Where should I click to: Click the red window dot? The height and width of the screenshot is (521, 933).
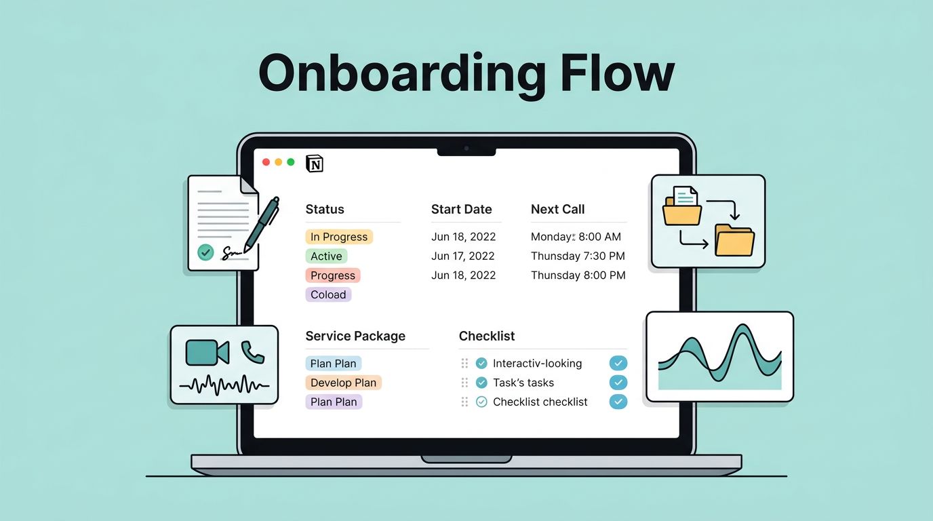coord(266,162)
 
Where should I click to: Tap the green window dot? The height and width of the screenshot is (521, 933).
coord(291,162)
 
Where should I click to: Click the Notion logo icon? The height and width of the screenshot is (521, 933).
coord(315,163)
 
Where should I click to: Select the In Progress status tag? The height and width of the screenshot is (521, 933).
coord(339,237)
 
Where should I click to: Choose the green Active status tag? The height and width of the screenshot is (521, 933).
coord(326,256)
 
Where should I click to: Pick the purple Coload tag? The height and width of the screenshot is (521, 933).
coord(328,294)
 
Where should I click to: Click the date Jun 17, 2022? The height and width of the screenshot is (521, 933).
coord(463,256)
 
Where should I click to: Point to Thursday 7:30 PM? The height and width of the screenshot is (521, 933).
coord(578,256)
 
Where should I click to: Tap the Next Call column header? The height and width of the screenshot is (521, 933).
coord(557,209)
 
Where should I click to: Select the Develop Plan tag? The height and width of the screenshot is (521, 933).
coord(343,383)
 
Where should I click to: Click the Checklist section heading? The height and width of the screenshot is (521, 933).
coord(486,336)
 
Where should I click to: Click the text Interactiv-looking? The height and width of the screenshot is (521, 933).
coord(537,364)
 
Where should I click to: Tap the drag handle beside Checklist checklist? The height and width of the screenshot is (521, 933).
coord(464,402)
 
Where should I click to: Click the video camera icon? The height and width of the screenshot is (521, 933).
coord(207,352)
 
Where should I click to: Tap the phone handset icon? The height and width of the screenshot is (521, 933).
coord(253,351)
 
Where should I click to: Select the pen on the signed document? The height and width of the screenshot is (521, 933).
coord(261,224)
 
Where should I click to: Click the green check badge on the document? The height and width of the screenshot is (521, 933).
coord(205,252)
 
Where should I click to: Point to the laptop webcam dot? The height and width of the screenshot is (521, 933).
coord(466,148)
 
